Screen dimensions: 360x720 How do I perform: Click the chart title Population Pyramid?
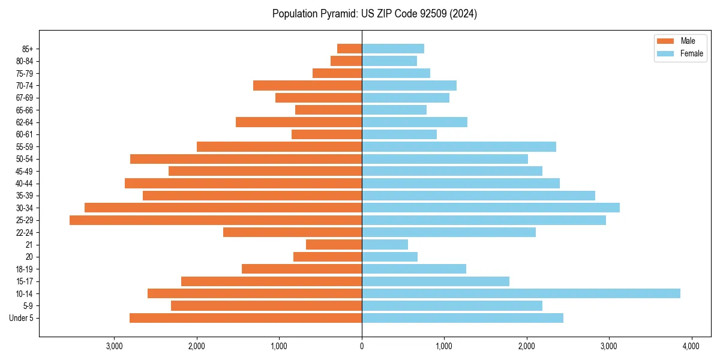coord(374,14)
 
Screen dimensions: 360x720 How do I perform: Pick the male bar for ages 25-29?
coord(215,220)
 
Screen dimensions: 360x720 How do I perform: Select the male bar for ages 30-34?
coord(223,208)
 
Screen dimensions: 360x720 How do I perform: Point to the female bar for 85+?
coord(393,49)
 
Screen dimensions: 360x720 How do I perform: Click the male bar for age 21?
coord(334,245)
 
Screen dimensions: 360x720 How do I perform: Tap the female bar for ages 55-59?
coord(459,146)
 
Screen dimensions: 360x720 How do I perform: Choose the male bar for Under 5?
coord(245,318)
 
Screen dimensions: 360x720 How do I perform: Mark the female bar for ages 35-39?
coord(478,196)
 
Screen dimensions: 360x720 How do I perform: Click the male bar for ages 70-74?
coord(307,85)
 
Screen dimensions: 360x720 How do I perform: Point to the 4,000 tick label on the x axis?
coord(691,346)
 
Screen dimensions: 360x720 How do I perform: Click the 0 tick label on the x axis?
coord(362,346)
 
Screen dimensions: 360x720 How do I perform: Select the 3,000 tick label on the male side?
coord(114,346)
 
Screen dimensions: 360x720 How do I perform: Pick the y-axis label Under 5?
coord(22,318)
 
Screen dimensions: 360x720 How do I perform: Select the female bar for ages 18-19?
coord(414,269)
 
